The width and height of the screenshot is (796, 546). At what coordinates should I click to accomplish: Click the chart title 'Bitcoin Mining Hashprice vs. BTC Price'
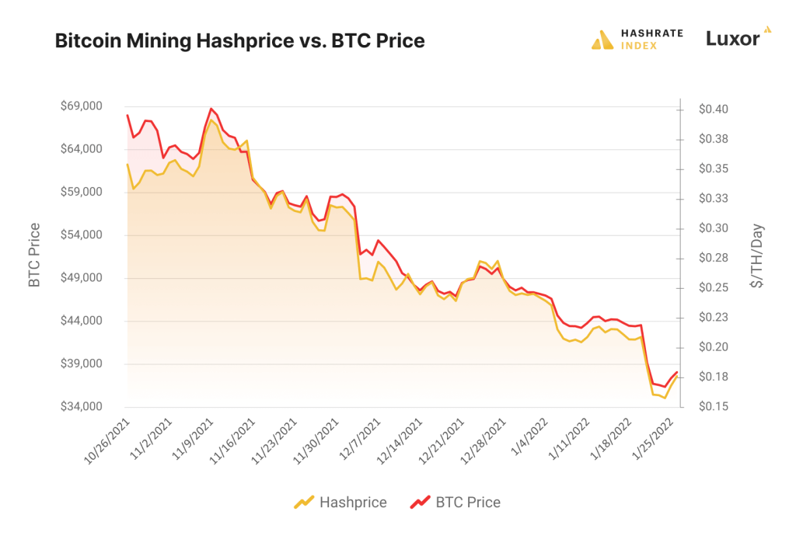tap(239, 41)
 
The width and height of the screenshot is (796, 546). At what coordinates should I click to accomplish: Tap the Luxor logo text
tap(732, 39)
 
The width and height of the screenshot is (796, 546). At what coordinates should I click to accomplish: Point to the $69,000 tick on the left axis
tap(81, 106)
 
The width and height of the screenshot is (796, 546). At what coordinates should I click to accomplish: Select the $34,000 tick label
tap(81, 407)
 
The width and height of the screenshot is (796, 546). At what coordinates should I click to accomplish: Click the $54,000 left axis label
tap(81, 235)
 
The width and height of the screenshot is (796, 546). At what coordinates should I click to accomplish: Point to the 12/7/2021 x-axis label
tap(360, 440)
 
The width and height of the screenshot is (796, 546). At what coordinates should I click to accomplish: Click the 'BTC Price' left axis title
tap(34, 256)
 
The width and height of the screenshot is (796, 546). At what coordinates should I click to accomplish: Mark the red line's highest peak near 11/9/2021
tap(211, 109)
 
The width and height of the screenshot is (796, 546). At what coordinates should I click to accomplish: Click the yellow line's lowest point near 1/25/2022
tap(665, 398)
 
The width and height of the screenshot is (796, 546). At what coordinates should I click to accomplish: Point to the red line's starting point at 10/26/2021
tap(127, 116)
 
